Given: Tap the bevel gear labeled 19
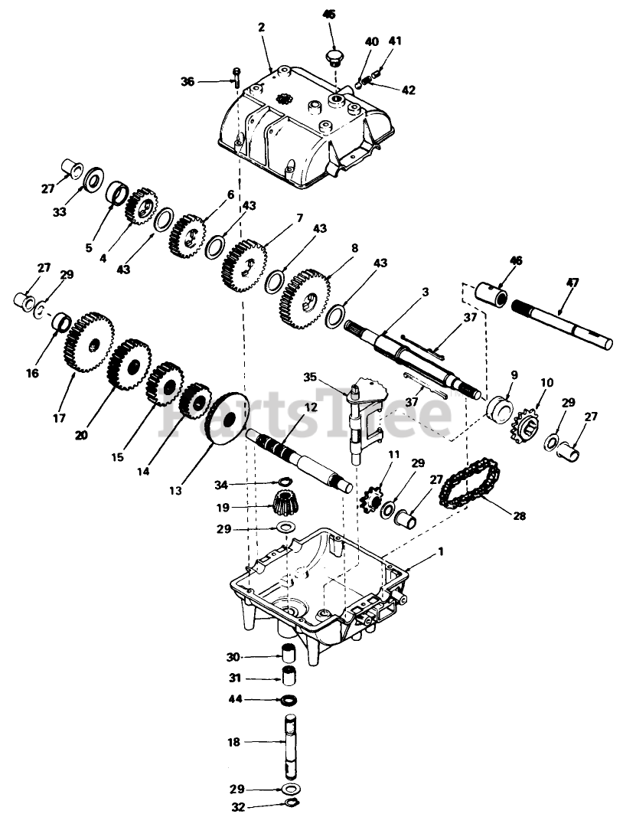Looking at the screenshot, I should [285, 505].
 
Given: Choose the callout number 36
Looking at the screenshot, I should [187, 80].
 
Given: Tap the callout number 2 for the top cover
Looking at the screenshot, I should [261, 27].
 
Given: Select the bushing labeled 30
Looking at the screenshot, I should [289, 655].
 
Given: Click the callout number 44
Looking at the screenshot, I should [233, 698].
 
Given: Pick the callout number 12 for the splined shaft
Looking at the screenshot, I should [309, 408].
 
